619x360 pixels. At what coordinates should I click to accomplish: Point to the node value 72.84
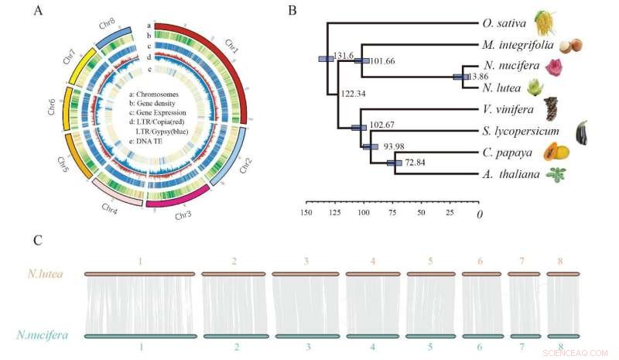[419, 165]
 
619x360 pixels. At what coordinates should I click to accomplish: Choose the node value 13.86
[478, 77]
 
